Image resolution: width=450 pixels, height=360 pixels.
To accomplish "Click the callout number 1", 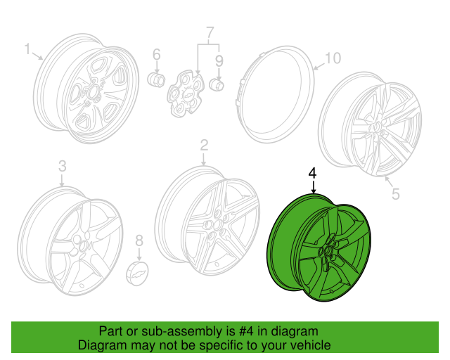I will (27, 49).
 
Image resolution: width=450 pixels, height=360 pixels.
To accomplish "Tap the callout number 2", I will (205, 145).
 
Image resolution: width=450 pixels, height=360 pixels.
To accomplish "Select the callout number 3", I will (62, 166).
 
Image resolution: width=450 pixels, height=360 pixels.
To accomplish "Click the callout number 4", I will (312, 173).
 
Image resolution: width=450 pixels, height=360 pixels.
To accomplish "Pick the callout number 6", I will (156, 53).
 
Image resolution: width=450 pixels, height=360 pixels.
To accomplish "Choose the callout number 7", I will (208, 32).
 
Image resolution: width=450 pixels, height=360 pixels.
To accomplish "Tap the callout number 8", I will (139, 241).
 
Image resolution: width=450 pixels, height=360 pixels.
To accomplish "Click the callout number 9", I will (219, 60).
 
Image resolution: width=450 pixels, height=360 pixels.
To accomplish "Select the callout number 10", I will (333, 58).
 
